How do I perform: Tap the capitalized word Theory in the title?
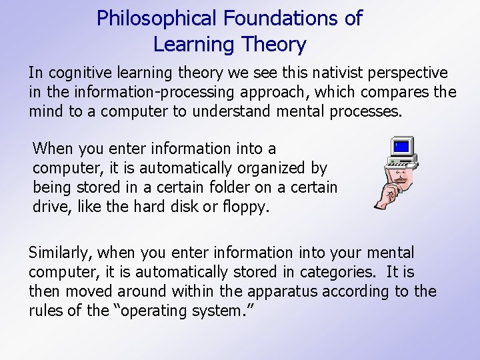tap(273, 45)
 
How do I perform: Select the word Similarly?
tap(62, 253)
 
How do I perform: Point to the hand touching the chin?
tap(385, 197)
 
